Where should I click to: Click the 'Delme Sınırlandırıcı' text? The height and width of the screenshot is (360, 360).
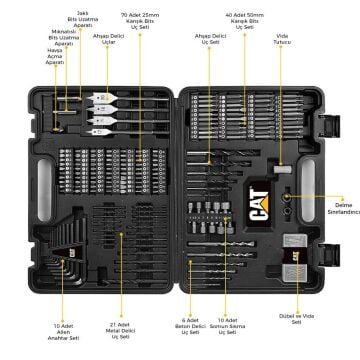(x=335, y=208)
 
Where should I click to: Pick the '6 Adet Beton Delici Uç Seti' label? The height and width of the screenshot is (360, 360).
(x=193, y=326)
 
